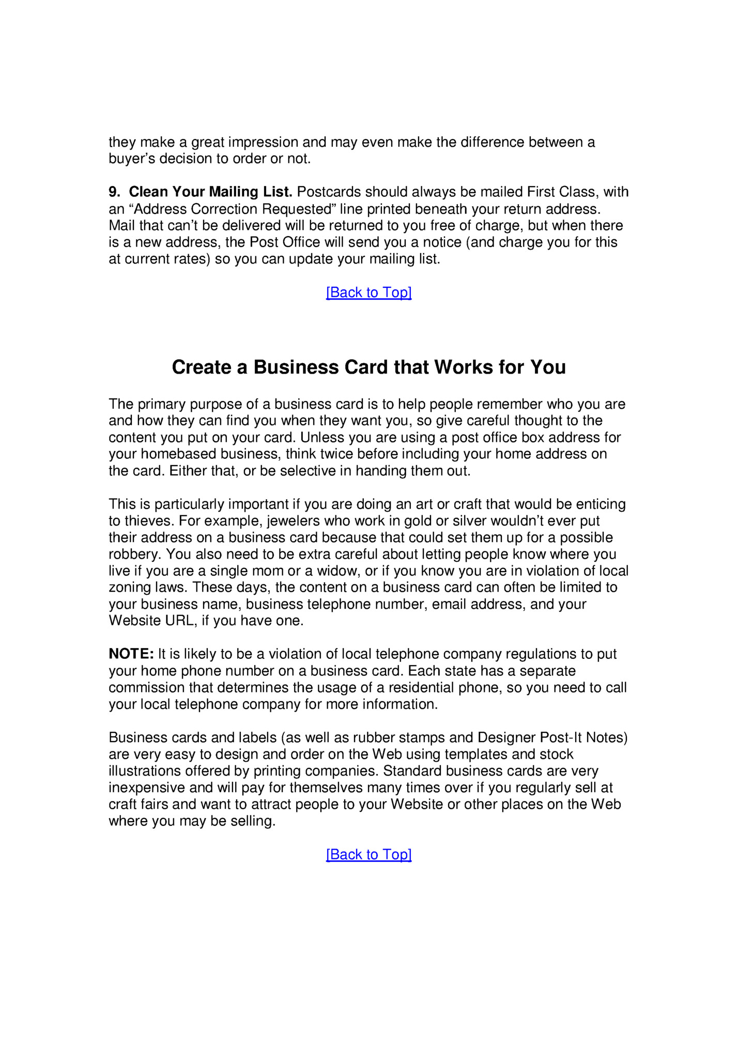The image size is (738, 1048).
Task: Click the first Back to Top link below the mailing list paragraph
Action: (x=368, y=292)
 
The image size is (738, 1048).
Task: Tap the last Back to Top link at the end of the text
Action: (x=368, y=854)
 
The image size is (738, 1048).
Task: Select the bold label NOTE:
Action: (x=131, y=654)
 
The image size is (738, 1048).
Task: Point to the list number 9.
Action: (x=114, y=192)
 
